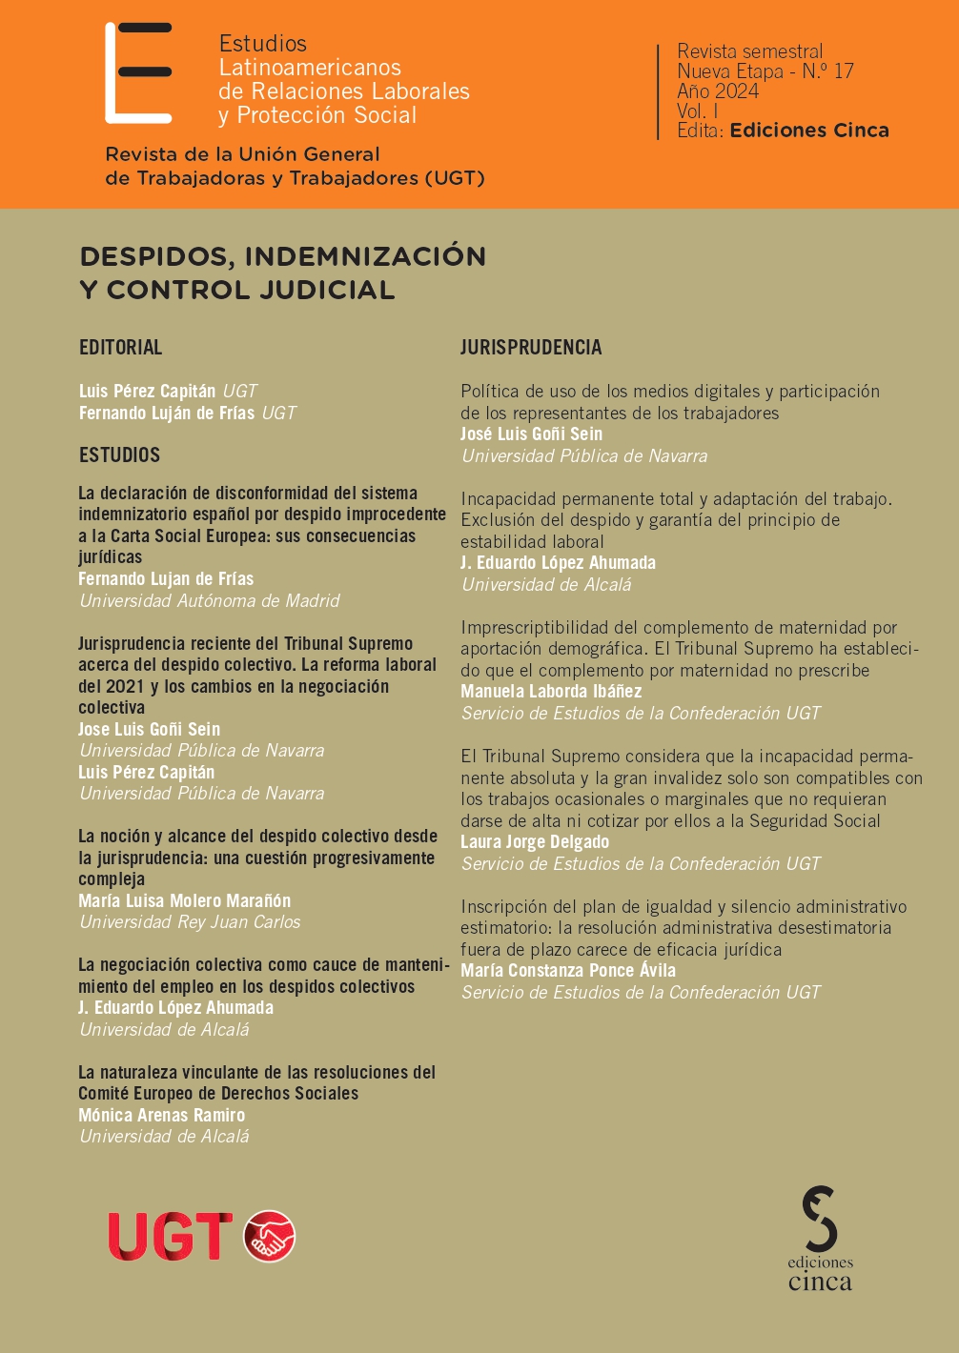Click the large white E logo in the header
pyautogui.click(x=137, y=73)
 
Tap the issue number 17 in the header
pyautogui.click(x=843, y=71)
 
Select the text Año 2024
pyautogui.click(x=718, y=91)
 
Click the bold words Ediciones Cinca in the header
pyautogui.click(x=809, y=131)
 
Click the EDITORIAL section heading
pyautogui.click(x=121, y=348)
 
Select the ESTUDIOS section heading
pyautogui.click(x=119, y=455)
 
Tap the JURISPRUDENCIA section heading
pyautogui.click(x=531, y=348)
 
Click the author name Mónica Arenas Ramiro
pyautogui.click(x=162, y=1115)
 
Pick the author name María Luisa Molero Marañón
pyautogui.click(x=185, y=900)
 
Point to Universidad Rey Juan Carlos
pyautogui.click(x=190, y=922)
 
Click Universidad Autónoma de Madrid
pyautogui.click(x=210, y=601)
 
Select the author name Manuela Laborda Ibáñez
pyautogui.click(x=551, y=692)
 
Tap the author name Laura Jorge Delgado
pyautogui.click(x=535, y=842)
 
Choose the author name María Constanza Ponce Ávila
pyautogui.click(x=568, y=971)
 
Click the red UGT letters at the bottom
pyautogui.click(x=170, y=1237)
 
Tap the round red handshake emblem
pyautogui.click(x=270, y=1237)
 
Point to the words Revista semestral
pyautogui.click(x=749, y=51)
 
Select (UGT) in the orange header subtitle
pyautogui.click(x=455, y=178)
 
